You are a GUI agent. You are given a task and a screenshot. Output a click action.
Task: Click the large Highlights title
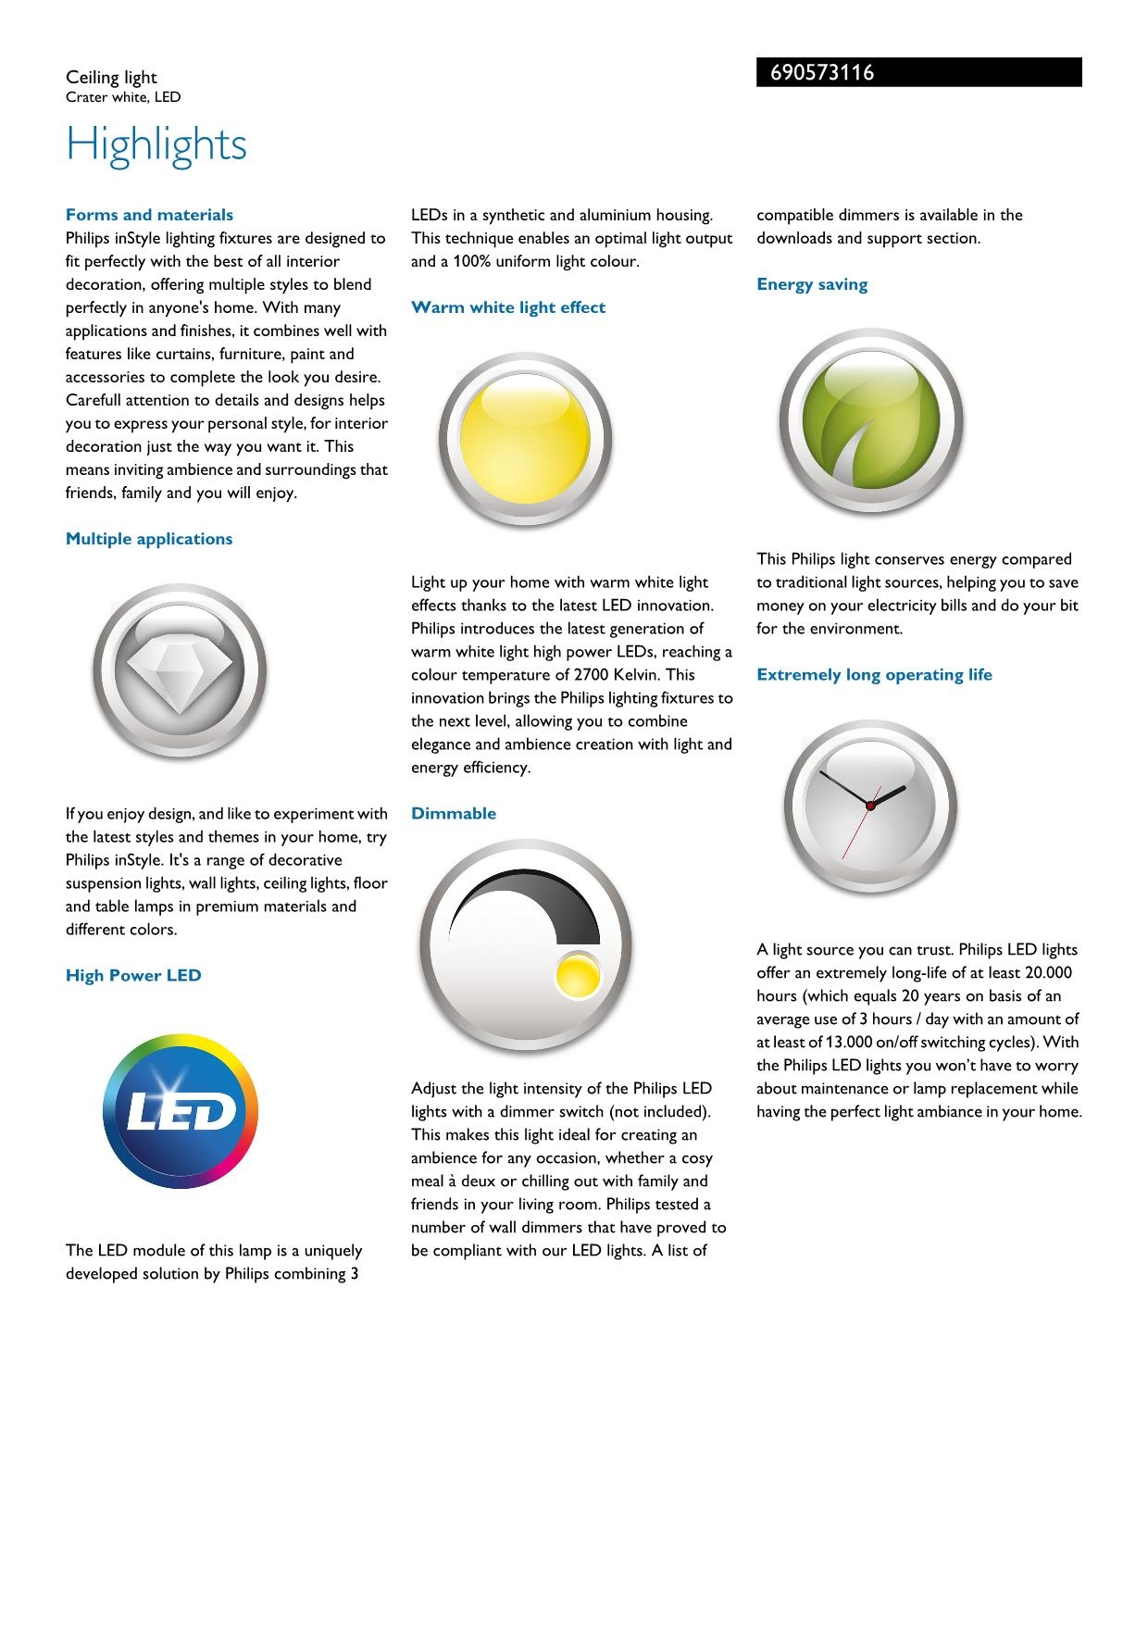tap(156, 144)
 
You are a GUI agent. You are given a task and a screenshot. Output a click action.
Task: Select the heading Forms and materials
tap(149, 215)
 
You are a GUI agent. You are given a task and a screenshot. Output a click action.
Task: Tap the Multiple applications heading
tap(149, 539)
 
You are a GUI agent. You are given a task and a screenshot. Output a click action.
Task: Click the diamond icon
tap(180, 672)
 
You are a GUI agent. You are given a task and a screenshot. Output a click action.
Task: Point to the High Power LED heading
tap(133, 975)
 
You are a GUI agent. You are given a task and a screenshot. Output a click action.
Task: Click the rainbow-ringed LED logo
tap(181, 1112)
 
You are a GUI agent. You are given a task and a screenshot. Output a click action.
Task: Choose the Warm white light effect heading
tap(508, 307)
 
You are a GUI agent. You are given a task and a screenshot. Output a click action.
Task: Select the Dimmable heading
tap(454, 813)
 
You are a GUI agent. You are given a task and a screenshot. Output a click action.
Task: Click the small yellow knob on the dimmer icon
tap(577, 975)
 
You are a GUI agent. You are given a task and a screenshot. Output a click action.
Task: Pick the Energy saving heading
tap(812, 284)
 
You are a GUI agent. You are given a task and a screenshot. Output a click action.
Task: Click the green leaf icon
tap(871, 421)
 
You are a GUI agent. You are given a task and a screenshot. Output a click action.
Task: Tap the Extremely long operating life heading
tap(874, 674)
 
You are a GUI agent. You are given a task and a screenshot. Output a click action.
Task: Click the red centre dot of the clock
tap(870, 806)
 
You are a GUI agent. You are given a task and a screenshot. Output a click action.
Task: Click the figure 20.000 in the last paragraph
tap(1048, 973)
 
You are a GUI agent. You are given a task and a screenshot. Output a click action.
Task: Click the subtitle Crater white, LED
tap(123, 97)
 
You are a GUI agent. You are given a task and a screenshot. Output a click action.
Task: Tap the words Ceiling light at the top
tap(111, 77)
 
